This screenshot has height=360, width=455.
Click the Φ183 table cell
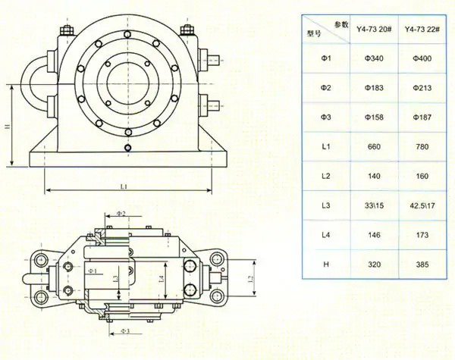click(x=373, y=88)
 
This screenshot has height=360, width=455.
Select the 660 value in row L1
click(x=373, y=146)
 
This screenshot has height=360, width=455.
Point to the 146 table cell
click(x=373, y=236)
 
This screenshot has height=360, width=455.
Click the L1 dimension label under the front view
click(x=124, y=185)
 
